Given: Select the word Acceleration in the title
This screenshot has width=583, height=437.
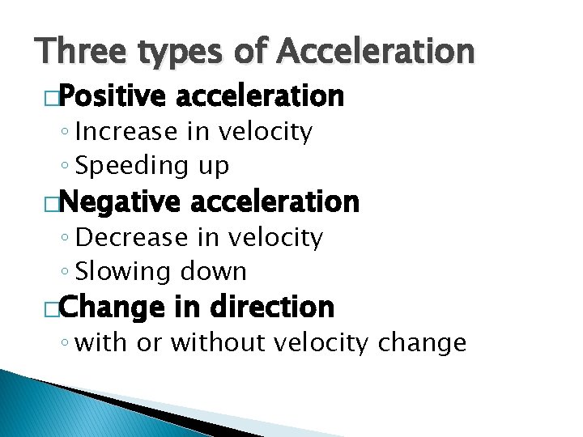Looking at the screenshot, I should [374, 52].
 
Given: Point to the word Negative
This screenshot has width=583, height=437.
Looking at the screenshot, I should [119, 202].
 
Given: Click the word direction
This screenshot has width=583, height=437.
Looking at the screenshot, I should [271, 307].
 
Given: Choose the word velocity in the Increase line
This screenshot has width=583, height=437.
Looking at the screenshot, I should [263, 131].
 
